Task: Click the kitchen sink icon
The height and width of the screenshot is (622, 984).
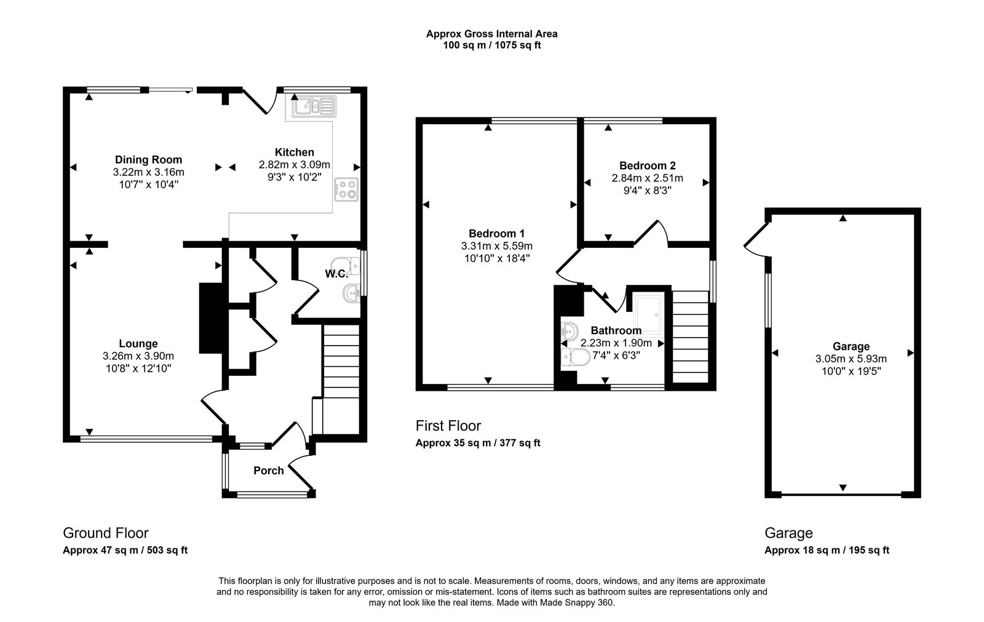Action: [x=314, y=106]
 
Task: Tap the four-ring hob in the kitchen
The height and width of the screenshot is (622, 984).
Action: [x=346, y=189]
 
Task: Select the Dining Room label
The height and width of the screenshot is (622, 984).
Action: [x=148, y=160]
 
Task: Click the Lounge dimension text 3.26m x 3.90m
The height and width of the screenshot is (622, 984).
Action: [x=138, y=356]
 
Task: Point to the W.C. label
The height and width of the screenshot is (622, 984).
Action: [x=337, y=274]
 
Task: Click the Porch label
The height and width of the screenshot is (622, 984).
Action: [x=269, y=471]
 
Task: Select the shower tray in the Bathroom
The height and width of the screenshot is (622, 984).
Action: [x=648, y=315]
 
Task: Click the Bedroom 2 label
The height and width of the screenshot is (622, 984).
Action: [x=648, y=165]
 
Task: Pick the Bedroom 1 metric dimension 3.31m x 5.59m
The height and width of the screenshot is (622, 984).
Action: [x=497, y=245]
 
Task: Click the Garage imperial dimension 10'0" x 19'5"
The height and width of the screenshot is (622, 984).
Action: [x=851, y=371]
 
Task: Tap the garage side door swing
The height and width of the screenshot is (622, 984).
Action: [x=755, y=239]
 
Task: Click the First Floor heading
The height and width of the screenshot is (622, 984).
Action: [x=448, y=426]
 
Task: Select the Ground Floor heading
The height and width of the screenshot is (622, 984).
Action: [x=106, y=533]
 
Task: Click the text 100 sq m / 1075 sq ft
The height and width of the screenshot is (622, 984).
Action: [x=492, y=45]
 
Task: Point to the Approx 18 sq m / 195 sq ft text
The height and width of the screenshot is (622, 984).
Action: [x=827, y=551]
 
